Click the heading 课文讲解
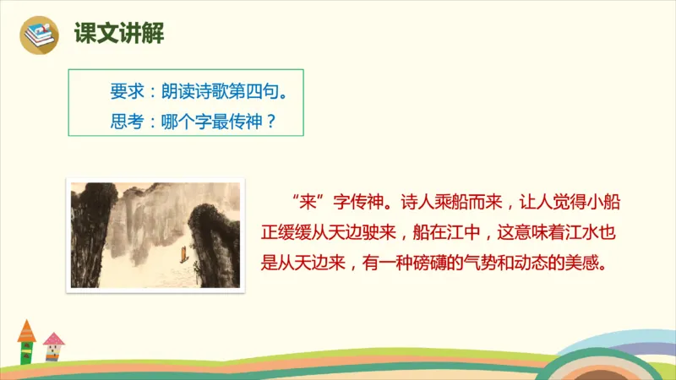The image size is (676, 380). click(118, 34)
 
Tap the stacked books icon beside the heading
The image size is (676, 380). click(38, 34)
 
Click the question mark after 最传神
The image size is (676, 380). click(270, 120)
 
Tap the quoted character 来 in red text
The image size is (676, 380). click(305, 204)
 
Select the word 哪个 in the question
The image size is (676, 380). click(171, 120)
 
